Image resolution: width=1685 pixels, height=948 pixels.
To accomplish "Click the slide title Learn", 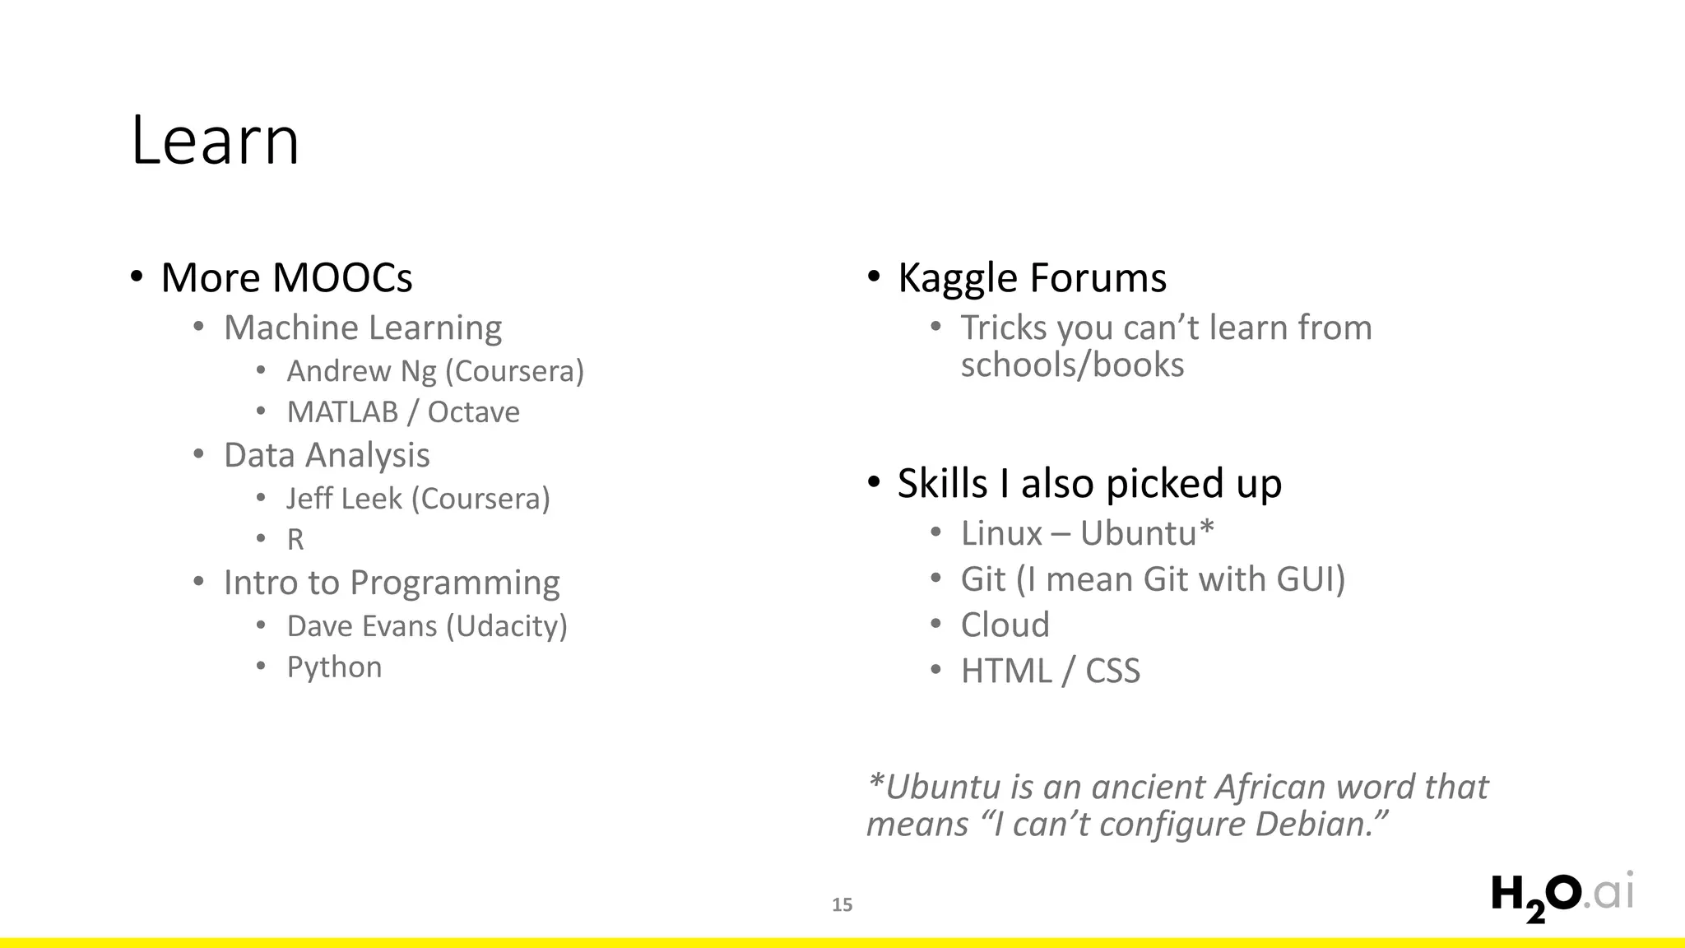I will [x=215, y=141].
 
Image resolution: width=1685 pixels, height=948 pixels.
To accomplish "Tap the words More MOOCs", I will [x=286, y=277].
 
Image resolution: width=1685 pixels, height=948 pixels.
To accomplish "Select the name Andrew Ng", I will [x=361, y=371].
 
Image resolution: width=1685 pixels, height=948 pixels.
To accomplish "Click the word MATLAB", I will [x=342, y=412].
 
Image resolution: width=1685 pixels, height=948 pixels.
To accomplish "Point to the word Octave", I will [x=473, y=412].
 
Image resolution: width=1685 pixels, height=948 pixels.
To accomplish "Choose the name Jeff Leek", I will [x=344, y=499].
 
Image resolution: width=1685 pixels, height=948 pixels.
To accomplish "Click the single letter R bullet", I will [x=295, y=540].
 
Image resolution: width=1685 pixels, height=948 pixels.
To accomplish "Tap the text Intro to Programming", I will [x=392, y=583].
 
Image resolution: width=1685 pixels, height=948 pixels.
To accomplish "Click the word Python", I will [x=334, y=667].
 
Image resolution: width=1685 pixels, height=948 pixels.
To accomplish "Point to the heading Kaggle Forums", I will [x=1032, y=277].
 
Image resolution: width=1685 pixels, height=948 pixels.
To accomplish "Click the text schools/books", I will [x=1072, y=365].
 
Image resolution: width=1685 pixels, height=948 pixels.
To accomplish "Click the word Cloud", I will [x=1005, y=625].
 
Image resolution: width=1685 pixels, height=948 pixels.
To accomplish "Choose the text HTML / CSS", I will [x=1050, y=671].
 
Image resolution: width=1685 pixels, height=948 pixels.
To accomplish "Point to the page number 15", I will [x=842, y=905].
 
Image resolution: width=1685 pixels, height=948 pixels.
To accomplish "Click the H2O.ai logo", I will [x=1562, y=897].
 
